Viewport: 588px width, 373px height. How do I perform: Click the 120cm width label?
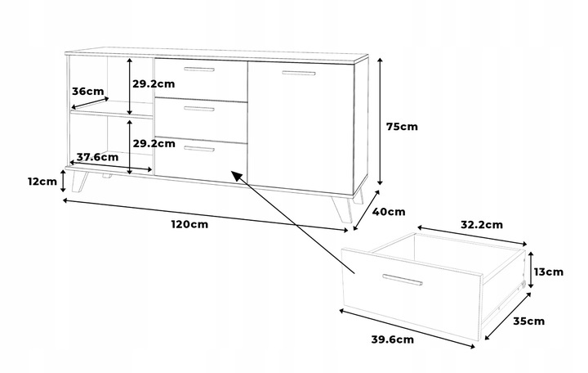click(189, 224)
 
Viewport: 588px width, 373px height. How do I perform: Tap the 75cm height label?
click(402, 127)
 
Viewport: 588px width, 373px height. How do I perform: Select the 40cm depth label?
click(389, 212)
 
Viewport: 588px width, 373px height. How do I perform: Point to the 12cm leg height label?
click(41, 182)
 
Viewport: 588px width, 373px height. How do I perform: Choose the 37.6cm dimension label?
click(97, 156)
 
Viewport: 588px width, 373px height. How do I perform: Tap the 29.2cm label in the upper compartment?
click(154, 83)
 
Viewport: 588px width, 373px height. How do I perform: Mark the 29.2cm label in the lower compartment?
click(154, 142)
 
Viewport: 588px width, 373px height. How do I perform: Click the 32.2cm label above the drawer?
click(481, 223)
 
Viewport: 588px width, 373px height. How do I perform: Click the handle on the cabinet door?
click(298, 74)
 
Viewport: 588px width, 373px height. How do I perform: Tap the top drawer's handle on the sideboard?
click(199, 70)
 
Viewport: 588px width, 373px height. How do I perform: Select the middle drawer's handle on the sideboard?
click(199, 109)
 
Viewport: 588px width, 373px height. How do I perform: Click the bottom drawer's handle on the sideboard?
click(199, 149)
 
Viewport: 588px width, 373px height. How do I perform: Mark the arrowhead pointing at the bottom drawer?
click(236, 174)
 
